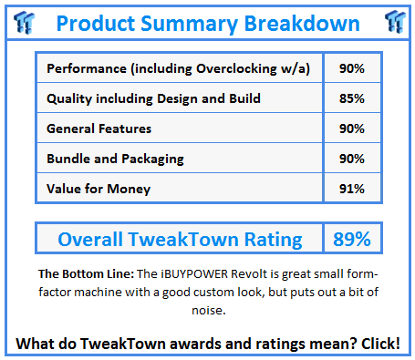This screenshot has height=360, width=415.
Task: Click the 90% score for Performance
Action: coord(351,68)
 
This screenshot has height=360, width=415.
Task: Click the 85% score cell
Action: coord(351,98)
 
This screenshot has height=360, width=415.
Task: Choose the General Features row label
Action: coord(99,129)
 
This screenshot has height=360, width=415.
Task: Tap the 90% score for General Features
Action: coord(351,129)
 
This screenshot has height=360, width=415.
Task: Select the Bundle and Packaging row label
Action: coord(115,159)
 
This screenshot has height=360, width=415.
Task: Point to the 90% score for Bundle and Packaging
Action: coord(351,159)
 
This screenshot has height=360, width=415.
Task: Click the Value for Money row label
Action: coord(98,189)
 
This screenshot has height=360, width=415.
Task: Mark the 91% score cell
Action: coord(351,189)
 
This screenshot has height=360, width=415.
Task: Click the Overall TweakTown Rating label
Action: coord(180,240)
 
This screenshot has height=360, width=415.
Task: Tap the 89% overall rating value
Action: coord(351,240)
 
